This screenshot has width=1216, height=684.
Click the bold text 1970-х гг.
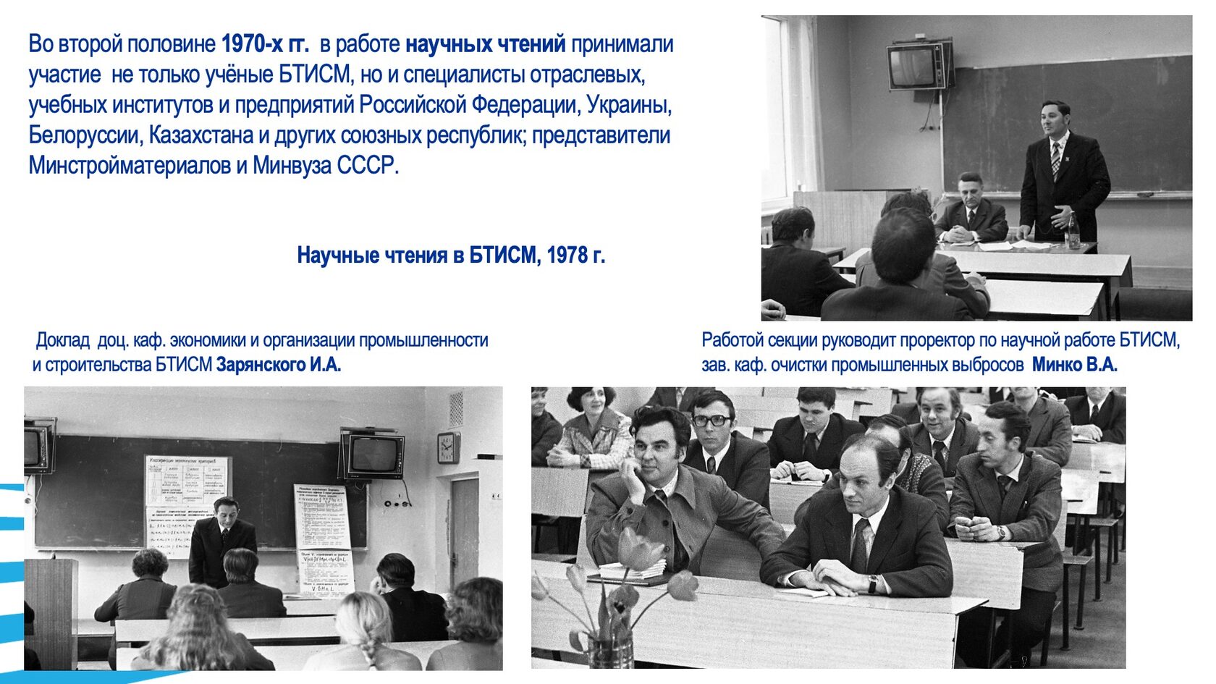tap(265, 45)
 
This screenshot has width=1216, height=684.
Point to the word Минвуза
tap(292, 166)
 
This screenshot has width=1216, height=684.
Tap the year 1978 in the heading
tap(567, 256)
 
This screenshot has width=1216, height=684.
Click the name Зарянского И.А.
tap(279, 365)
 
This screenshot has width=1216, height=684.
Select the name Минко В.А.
tap(1074, 365)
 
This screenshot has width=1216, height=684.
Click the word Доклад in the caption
tap(63, 340)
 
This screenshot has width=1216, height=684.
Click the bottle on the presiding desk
tap(1073, 230)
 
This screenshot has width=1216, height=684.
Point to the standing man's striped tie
tap(1055, 161)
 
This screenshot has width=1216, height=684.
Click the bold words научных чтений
tap(485, 45)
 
